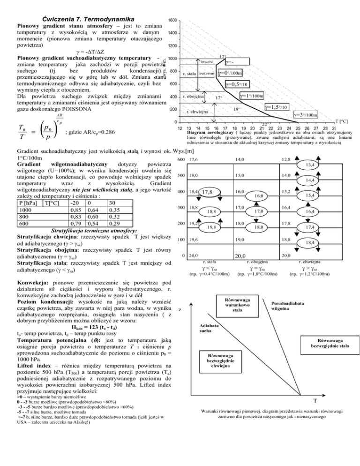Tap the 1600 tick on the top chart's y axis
(x=172, y=20)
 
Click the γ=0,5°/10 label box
(x=240, y=85)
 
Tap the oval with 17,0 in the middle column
(x=259, y=211)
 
